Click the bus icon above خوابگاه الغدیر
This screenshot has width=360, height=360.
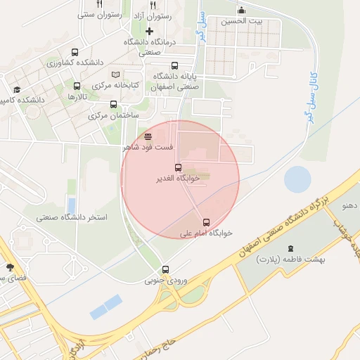(178, 168)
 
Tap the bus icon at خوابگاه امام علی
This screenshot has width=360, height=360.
(206, 222)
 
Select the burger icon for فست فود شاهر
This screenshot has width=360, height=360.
(148, 137)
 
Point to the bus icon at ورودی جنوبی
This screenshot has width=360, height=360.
(166, 269)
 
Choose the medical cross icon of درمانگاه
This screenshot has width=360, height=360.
(149, 31)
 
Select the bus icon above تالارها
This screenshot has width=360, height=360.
(77, 86)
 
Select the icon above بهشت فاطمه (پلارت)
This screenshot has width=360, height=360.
(291, 248)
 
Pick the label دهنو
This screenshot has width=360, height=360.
(350, 206)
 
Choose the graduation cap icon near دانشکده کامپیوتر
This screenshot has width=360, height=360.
(17, 90)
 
